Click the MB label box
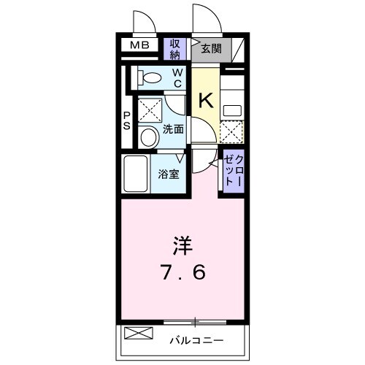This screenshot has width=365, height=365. coord(139,46)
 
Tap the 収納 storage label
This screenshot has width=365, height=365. coord(176,49)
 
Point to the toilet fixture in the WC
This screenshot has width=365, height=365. coord(150,77)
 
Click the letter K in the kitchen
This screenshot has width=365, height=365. coord(206,100)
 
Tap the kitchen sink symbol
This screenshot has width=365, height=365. coord(233,110)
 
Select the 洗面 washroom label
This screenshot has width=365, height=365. coord(173,128)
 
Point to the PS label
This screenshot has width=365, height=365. coord(127,120)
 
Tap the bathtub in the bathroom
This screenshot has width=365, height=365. coord(137,173)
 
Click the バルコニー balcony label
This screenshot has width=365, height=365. coord(197,339)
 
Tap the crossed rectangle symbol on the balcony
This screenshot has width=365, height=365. coord(139,334)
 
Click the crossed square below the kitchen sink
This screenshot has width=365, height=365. coord(232,132)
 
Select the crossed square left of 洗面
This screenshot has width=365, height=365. coord(149,110)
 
